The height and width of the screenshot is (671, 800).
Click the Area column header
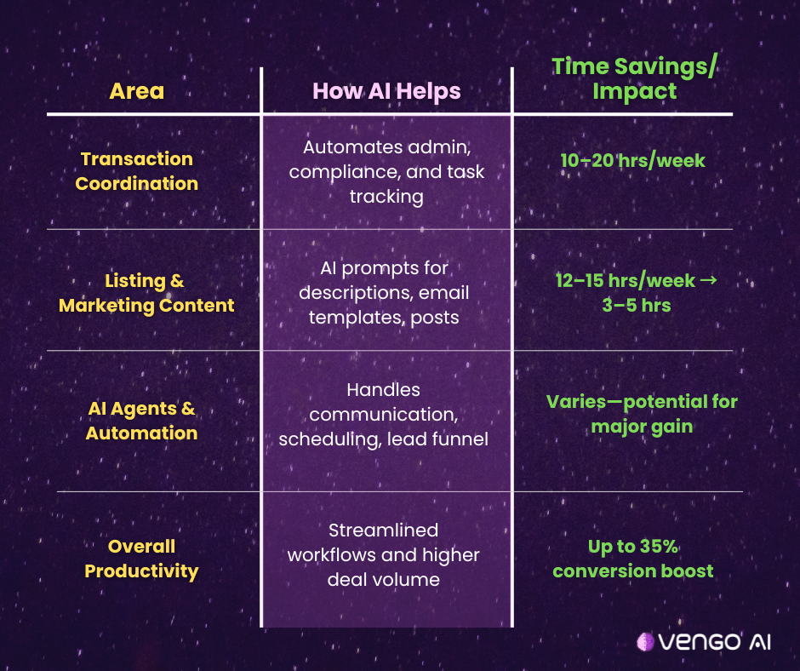137,91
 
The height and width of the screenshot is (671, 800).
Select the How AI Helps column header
386,92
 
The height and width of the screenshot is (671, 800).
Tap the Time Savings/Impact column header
634,78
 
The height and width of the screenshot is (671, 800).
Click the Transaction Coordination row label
137,171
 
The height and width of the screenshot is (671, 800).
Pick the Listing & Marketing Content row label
146,293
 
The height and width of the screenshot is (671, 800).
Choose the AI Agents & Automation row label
141,421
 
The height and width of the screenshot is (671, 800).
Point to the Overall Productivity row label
141,559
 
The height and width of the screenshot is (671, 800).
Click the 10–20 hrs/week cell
632,161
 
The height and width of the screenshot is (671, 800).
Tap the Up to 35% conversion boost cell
632,559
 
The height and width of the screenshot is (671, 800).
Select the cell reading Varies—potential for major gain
642,414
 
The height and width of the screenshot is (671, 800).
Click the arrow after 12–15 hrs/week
709,280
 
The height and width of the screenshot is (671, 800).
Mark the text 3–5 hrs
637,306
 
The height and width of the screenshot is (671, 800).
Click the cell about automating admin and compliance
386,172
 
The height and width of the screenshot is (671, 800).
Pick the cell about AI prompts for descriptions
384,293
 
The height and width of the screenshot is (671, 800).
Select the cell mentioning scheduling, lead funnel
383,415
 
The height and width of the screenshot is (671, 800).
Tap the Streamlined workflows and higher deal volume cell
383,555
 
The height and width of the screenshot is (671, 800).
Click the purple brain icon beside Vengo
645,642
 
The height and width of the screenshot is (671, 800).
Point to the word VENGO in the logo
700,642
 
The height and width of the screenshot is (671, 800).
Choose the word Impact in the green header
634,91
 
